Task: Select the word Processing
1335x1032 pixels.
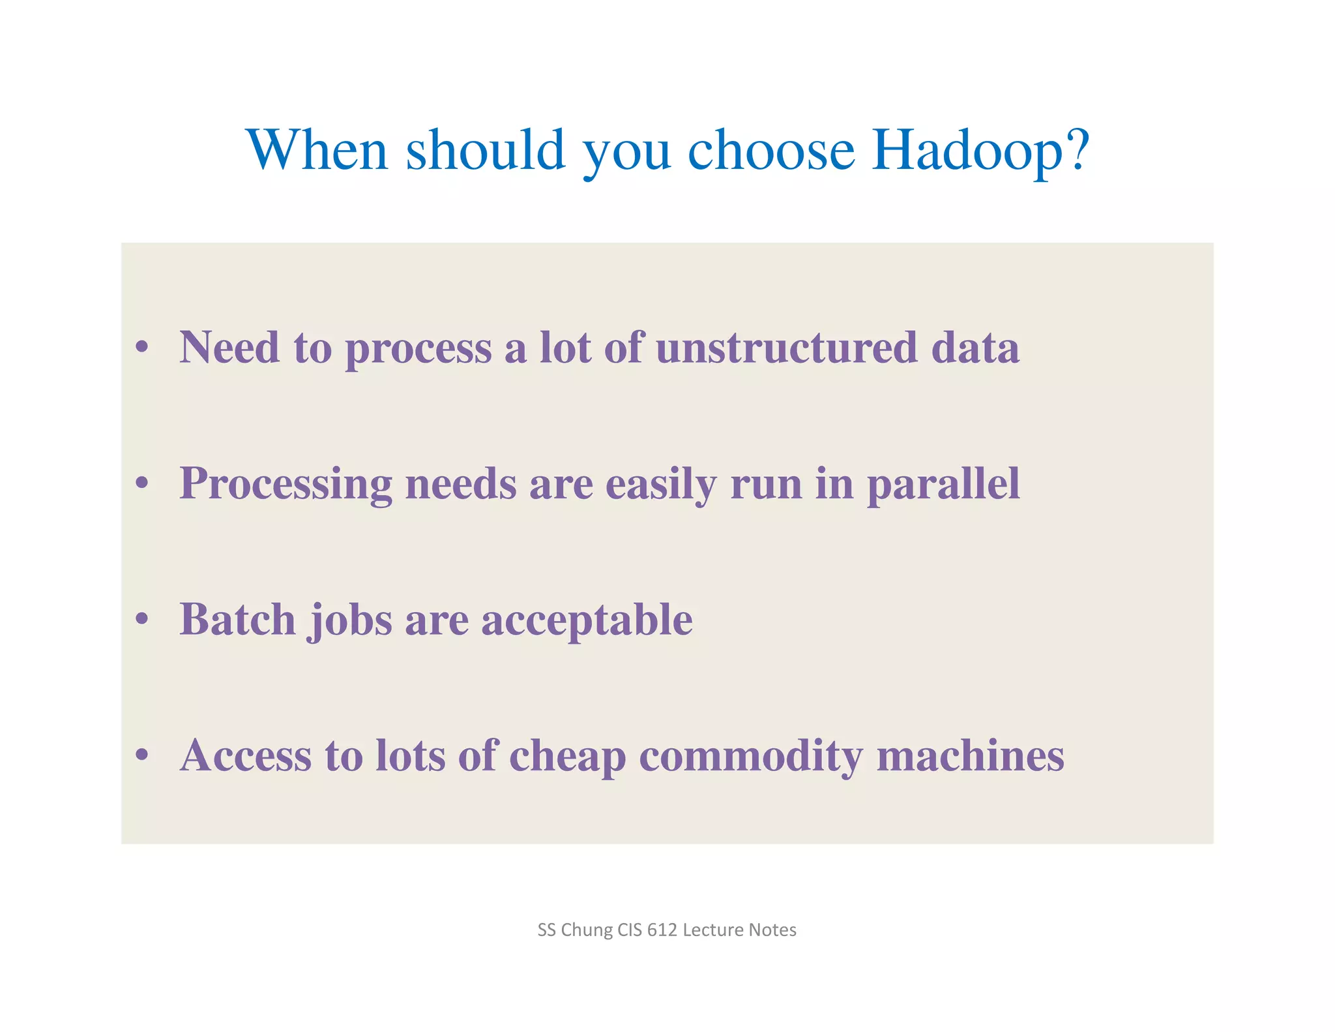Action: click(x=286, y=485)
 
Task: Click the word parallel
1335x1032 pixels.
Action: click(x=943, y=485)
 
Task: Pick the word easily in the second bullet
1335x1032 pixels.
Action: click(x=661, y=485)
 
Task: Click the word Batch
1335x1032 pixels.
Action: click(x=237, y=619)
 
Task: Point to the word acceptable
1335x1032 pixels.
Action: click(x=587, y=620)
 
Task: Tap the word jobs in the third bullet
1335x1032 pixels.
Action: click(x=351, y=620)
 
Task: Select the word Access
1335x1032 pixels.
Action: click(x=246, y=755)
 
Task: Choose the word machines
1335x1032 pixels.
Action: click(x=970, y=755)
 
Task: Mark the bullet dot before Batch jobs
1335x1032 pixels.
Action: click(x=142, y=618)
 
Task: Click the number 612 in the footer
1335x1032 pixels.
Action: click(x=662, y=930)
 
